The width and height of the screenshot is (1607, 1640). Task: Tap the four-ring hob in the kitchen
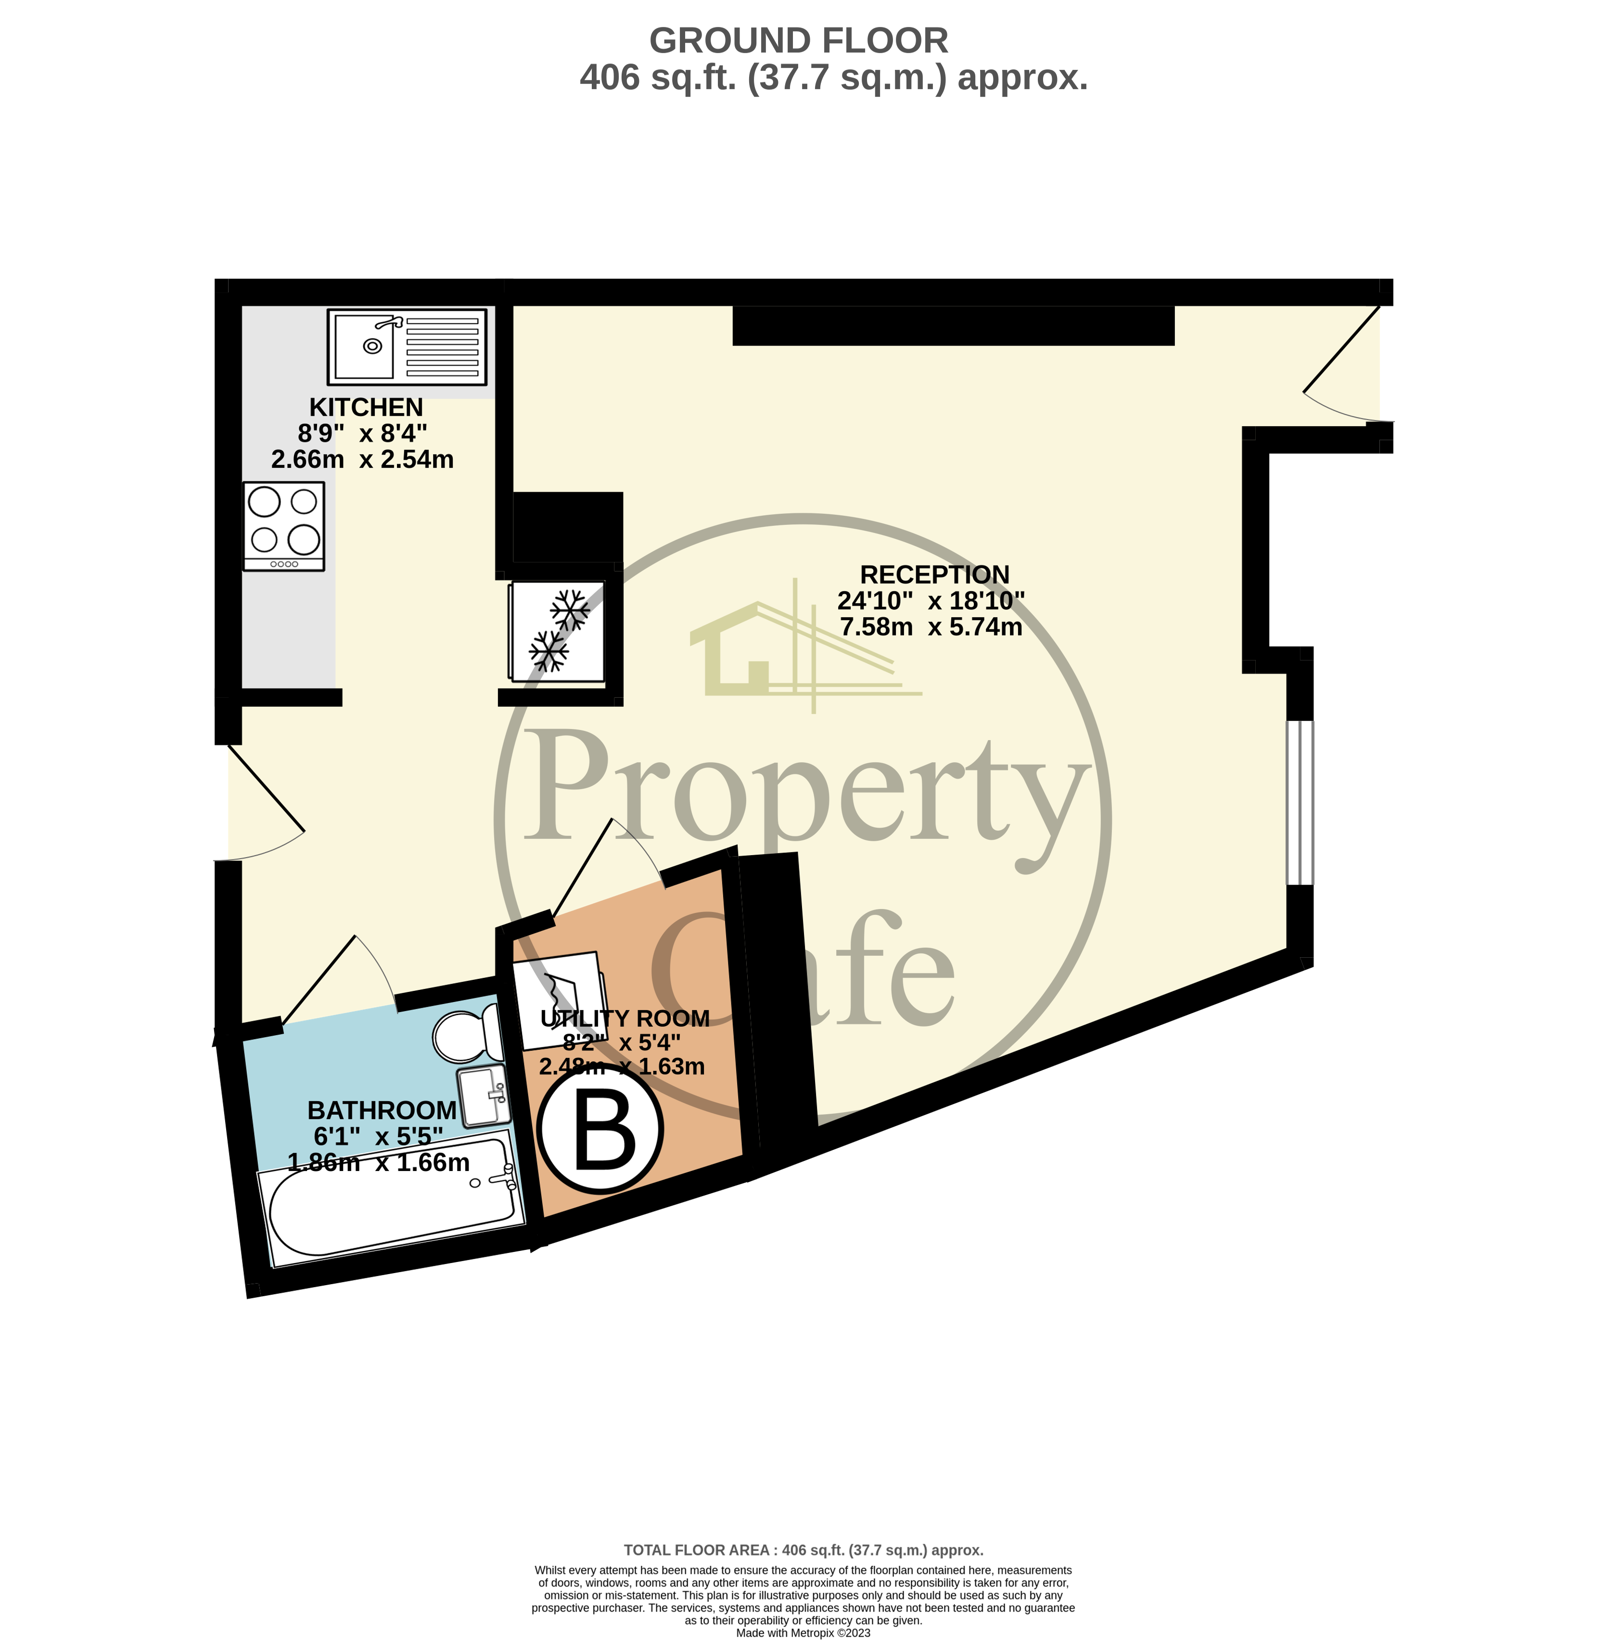[283, 526]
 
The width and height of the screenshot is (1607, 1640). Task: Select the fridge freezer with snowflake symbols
[557, 631]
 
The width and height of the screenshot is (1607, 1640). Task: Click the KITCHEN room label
[366, 407]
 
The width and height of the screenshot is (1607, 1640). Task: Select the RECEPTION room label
[934, 574]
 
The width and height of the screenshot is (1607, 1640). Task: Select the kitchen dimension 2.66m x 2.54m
[362, 459]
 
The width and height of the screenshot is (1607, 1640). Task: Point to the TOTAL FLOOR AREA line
[803, 1549]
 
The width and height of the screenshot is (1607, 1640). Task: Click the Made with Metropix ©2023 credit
[803, 1632]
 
